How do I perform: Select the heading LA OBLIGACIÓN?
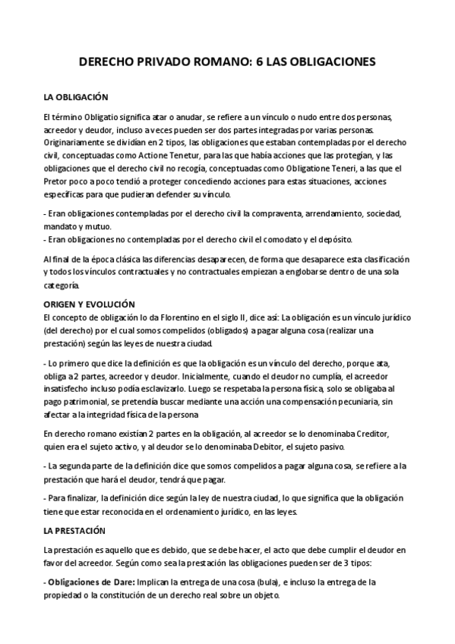(77, 97)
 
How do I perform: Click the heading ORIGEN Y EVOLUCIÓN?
(89, 302)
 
